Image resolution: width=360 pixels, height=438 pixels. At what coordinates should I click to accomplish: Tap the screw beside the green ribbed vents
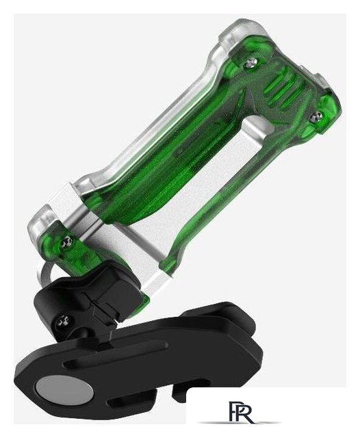[316, 116]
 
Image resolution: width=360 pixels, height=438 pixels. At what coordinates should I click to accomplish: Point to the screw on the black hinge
[64, 322]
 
